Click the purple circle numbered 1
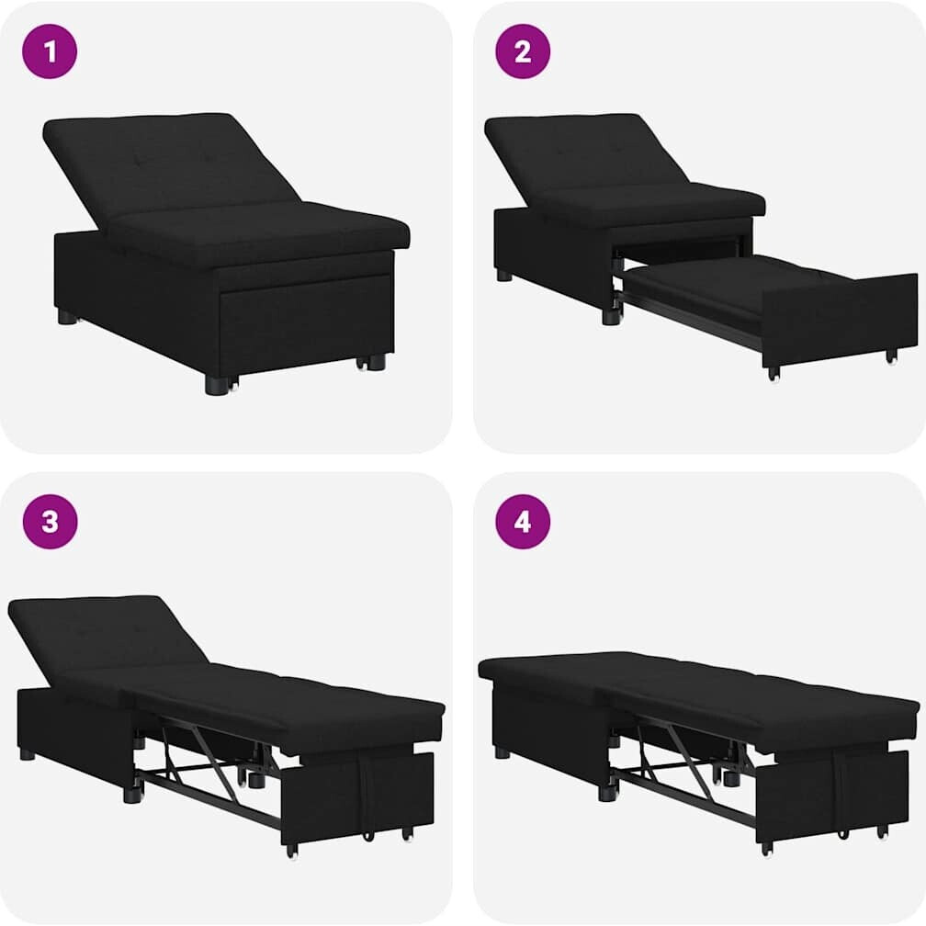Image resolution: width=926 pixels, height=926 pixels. pyautogui.click(x=50, y=51)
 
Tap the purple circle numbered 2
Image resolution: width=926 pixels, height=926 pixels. pyautogui.click(x=523, y=51)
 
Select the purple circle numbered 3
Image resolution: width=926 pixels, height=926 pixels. pyautogui.click(x=50, y=522)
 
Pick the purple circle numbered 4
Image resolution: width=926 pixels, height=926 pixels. pyautogui.click(x=523, y=522)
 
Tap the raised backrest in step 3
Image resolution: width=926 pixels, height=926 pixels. pyautogui.click(x=107, y=638)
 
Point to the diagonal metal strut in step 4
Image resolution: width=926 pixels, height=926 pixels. pyautogui.click(x=690, y=762)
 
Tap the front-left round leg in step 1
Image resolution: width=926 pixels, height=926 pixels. pyautogui.click(x=216, y=384)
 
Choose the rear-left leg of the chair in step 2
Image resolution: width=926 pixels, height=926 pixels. pyautogui.click(x=504, y=275)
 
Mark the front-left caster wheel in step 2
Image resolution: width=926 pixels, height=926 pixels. pyautogui.click(x=774, y=374)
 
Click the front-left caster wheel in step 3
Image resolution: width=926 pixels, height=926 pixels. pyautogui.click(x=291, y=851)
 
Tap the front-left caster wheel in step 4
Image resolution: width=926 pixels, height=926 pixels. pyautogui.click(x=766, y=849)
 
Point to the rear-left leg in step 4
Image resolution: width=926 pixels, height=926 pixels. pyautogui.click(x=502, y=752)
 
